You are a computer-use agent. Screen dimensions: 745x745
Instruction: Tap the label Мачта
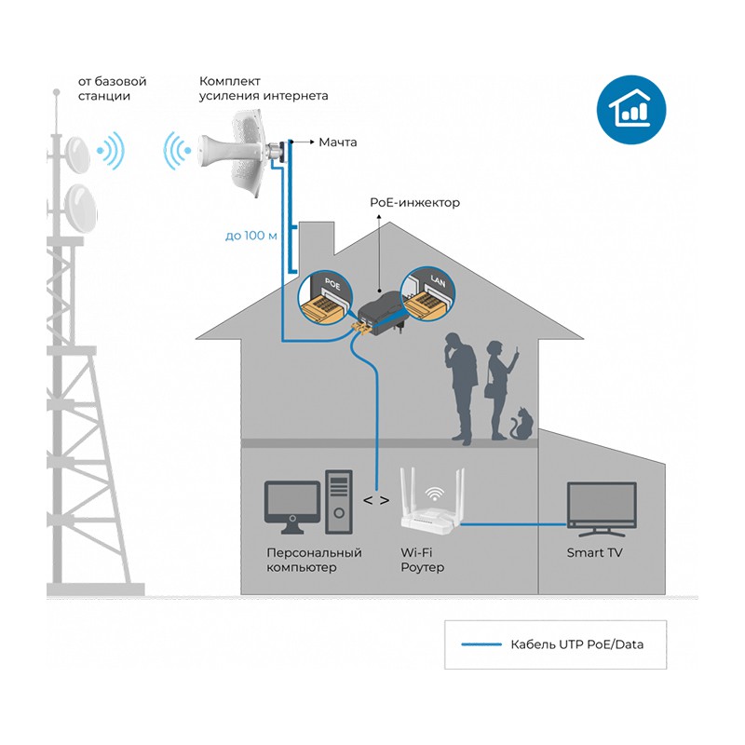(x=338, y=142)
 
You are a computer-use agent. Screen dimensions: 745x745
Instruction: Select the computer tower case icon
(x=338, y=502)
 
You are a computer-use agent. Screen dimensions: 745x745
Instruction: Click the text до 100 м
(x=251, y=235)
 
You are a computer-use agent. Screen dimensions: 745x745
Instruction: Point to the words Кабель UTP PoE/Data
(x=576, y=644)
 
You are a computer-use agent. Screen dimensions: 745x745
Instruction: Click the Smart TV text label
(x=596, y=553)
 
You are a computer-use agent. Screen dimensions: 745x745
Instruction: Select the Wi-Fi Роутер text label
(x=422, y=560)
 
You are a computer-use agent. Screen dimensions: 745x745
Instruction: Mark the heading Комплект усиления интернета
(x=264, y=88)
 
